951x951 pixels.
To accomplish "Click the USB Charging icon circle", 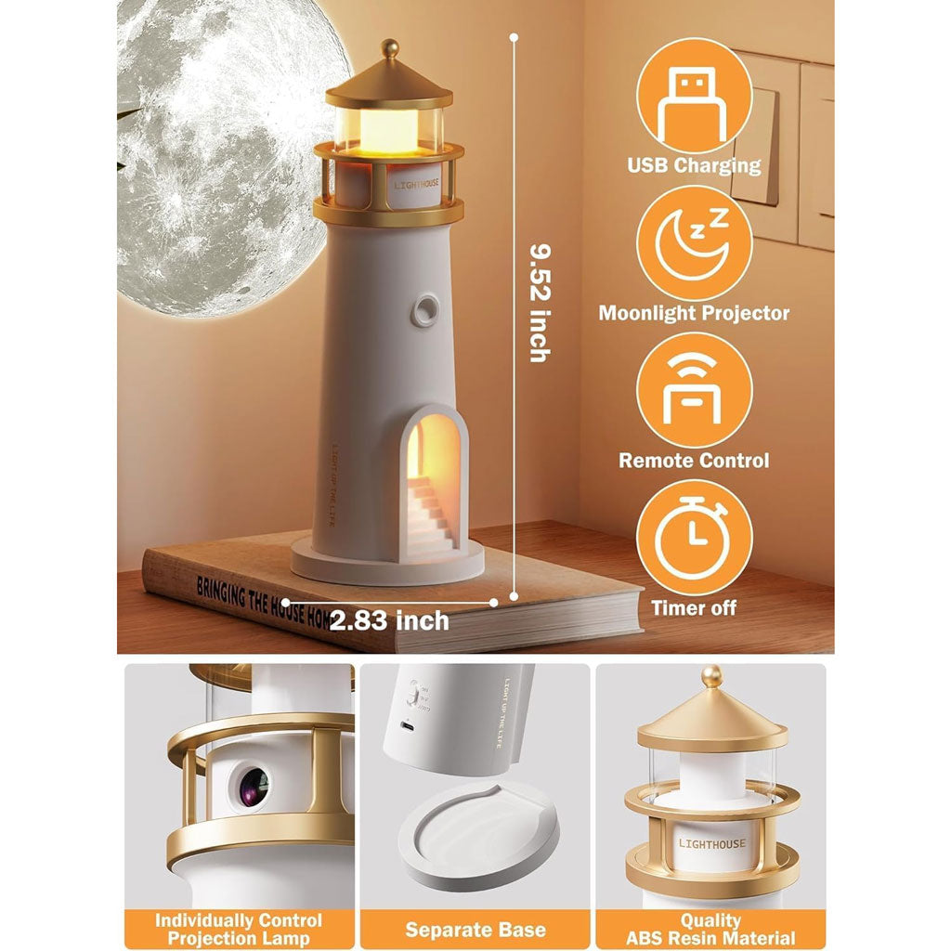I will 694,95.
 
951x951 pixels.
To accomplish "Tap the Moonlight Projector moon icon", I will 694,243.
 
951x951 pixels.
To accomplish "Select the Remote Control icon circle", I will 694,390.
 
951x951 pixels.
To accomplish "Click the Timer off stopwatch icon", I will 694,538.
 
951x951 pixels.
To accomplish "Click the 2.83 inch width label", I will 390,619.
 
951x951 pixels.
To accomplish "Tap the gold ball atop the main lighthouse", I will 390,46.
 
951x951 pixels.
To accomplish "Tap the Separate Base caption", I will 475,929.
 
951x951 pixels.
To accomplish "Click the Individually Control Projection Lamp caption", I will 239,929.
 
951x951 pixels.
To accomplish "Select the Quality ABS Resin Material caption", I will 710,929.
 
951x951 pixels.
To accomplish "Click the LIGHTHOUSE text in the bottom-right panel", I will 711,843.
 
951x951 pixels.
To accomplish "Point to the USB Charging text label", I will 694,166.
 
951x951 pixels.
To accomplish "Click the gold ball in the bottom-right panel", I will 712,676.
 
